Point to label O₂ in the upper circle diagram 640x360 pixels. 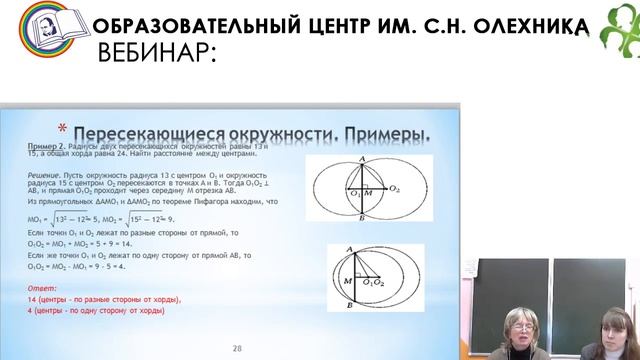click(x=394, y=188)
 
